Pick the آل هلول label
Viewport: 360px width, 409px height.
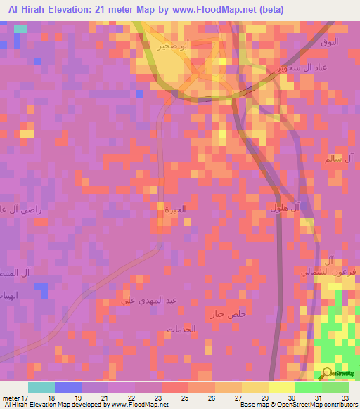click(x=285, y=208)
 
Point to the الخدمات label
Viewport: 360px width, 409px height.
click(x=181, y=329)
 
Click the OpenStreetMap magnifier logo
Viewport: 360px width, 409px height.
click(x=328, y=374)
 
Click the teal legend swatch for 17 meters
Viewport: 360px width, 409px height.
click(x=41, y=387)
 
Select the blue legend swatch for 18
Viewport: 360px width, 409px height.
click(x=68, y=387)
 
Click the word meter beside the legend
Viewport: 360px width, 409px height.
click(x=11, y=398)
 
